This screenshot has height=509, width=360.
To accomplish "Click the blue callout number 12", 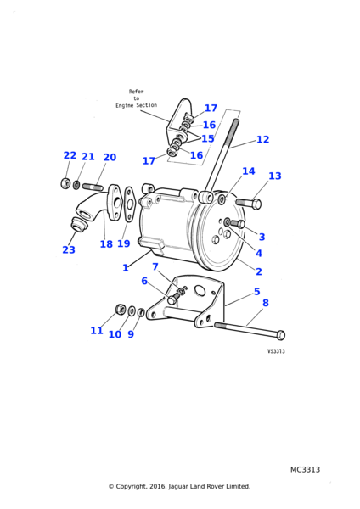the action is (x=263, y=139).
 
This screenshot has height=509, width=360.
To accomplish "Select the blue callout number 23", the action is (x=69, y=249).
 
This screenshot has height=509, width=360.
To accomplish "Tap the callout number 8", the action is (x=266, y=303).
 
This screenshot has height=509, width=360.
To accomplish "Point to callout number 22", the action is (x=70, y=155).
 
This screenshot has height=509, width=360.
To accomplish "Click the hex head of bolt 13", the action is (x=256, y=204).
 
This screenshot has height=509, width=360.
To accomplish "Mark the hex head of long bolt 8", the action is (x=281, y=335).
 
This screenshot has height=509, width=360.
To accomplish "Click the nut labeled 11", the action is (x=121, y=309).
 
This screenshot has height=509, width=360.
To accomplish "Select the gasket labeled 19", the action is (x=129, y=204).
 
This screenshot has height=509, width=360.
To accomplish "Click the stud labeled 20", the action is (x=93, y=187).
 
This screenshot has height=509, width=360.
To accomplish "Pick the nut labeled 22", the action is (x=65, y=183).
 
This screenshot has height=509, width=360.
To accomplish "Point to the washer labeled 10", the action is (x=132, y=310).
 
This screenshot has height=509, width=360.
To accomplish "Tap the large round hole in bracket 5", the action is (x=200, y=291).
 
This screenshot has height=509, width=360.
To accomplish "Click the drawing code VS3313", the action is (x=276, y=351).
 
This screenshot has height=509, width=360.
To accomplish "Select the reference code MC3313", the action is (x=305, y=469).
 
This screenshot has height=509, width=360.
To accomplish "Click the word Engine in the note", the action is (x=125, y=105).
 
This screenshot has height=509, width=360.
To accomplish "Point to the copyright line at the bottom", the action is (x=179, y=486).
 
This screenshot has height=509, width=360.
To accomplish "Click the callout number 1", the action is (x=126, y=268).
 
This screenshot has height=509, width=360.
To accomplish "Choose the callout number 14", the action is (x=249, y=171).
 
